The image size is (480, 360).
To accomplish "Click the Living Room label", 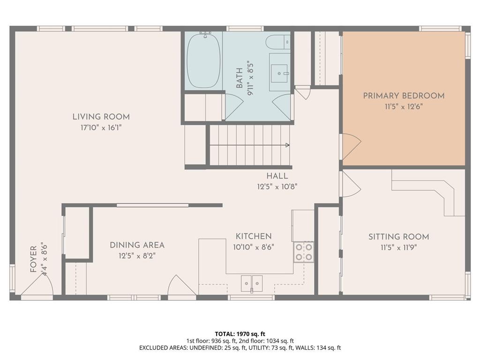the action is (101, 117).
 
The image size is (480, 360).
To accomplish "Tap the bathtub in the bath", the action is (203, 60).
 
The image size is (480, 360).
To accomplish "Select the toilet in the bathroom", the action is (278, 42).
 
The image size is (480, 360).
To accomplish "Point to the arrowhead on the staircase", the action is (287, 145).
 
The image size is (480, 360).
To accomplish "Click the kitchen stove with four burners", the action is (304, 252).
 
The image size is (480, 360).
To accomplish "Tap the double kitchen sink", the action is (252, 284).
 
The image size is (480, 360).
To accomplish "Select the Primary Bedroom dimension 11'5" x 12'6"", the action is (404, 107).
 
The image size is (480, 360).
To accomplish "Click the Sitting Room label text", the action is (398, 237).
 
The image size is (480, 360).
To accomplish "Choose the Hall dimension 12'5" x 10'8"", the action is (277, 187).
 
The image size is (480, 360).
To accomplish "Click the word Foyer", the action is (34, 259).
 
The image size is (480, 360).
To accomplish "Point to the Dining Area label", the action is (137, 245).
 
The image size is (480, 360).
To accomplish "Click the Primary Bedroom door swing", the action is (352, 147).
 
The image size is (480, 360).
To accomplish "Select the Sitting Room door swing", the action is (352, 184).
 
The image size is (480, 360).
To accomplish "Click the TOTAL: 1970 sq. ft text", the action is (240, 334).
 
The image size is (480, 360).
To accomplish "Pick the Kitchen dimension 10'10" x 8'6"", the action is (254, 247).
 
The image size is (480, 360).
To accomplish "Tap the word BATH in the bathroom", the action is (240, 78).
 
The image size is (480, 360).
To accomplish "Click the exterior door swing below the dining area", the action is (182, 285).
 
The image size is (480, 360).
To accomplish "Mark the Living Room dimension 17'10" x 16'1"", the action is (101, 127).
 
